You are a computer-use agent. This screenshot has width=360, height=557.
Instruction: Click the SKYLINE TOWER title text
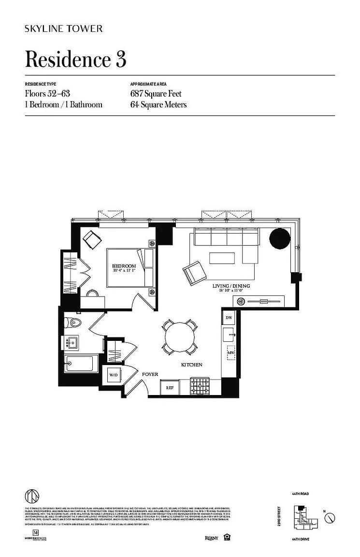(63, 29)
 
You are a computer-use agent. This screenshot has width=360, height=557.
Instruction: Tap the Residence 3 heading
(75, 59)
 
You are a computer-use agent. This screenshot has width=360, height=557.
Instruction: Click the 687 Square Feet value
(156, 94)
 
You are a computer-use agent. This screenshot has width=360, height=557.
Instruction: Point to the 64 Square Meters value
(158, 104)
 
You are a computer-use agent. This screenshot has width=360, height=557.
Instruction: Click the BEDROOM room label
(124, 266)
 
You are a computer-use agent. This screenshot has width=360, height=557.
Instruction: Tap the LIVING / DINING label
(231, 286)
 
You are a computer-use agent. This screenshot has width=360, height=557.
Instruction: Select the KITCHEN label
(191, 365)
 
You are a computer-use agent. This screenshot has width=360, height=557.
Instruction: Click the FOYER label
(150, 374)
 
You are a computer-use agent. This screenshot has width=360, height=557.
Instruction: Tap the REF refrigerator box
(170, 388)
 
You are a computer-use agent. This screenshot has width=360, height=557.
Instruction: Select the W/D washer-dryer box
(113, 375)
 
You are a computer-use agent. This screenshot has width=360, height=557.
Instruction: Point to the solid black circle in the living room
(280, 238)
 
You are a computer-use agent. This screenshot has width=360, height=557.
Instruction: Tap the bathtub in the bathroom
(81, 363)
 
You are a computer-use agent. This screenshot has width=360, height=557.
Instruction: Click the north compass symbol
(330, 518)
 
